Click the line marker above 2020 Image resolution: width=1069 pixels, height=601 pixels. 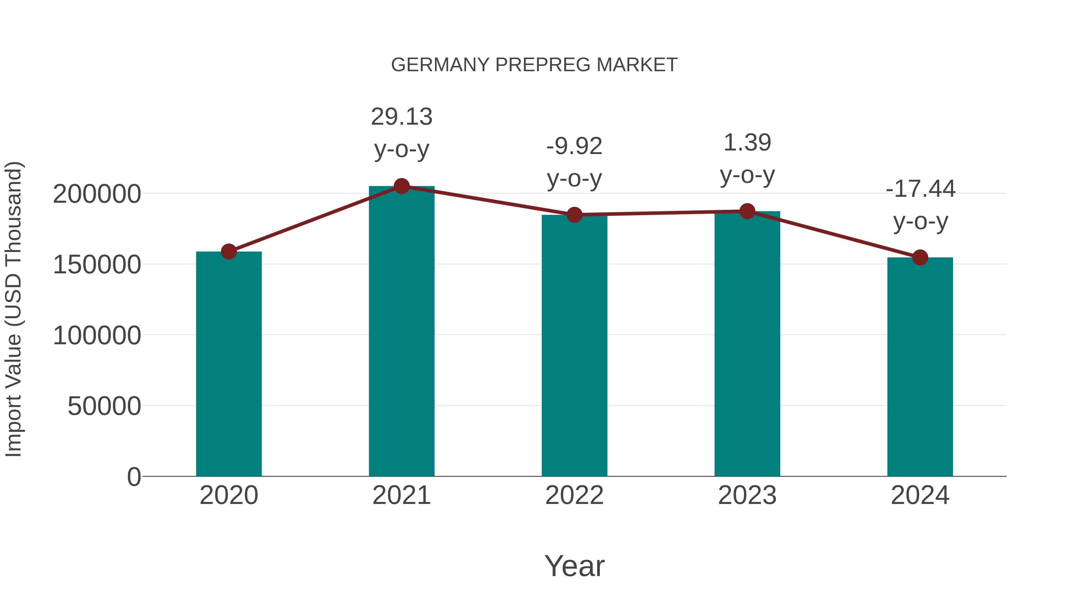pyautogui.click(x=229, y=251)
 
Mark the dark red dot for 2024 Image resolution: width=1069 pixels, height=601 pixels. pyautogui.click(x=920, y=258)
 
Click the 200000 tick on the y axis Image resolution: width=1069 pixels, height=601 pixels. pyautogui.click(x=97, y=194)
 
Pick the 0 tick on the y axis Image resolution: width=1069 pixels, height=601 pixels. pyautogui.click(x=134, y=477)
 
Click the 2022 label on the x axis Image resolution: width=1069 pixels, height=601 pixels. pyautogui.click(x=574, y=495)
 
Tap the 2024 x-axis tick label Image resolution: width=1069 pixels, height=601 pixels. pyautogui.click(x=920, y=495)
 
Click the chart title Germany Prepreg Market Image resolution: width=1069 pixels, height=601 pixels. pyautogui.click(x=534, y=65)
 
